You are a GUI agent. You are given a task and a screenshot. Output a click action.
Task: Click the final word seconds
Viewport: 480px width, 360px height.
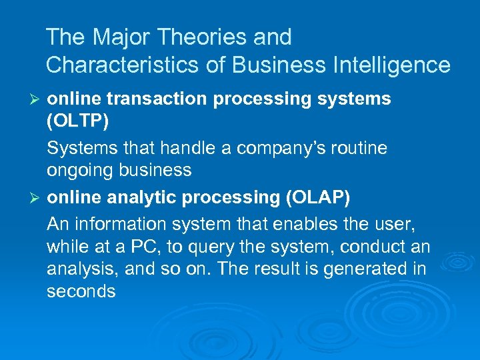[81, 291]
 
